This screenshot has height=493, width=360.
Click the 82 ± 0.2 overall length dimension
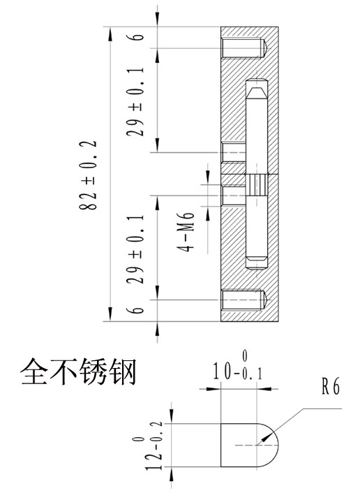[x=88, y=175]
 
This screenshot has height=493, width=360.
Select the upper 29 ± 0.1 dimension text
[x=135, y=101]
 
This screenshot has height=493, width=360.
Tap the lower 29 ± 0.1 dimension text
[x=135, y=249]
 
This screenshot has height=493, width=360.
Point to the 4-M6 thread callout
[x=186, y=232]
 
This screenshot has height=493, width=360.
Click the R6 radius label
[x=331, y=385]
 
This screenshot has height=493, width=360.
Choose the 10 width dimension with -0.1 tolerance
[x=238, y=367]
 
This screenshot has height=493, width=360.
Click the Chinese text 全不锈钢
[x=79, y=371]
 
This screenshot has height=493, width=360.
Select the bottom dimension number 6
[x=135, y=310]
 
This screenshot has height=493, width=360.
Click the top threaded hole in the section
[x=244, y=48]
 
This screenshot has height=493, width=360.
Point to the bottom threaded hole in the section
[x=244, y=300]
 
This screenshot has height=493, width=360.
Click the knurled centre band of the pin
[x=257, y=185]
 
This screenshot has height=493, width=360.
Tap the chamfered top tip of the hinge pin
[x=257, y=92]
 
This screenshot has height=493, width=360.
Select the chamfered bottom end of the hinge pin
[x=257, y=263]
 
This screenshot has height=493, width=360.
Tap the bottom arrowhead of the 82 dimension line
[x=110, y=314]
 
